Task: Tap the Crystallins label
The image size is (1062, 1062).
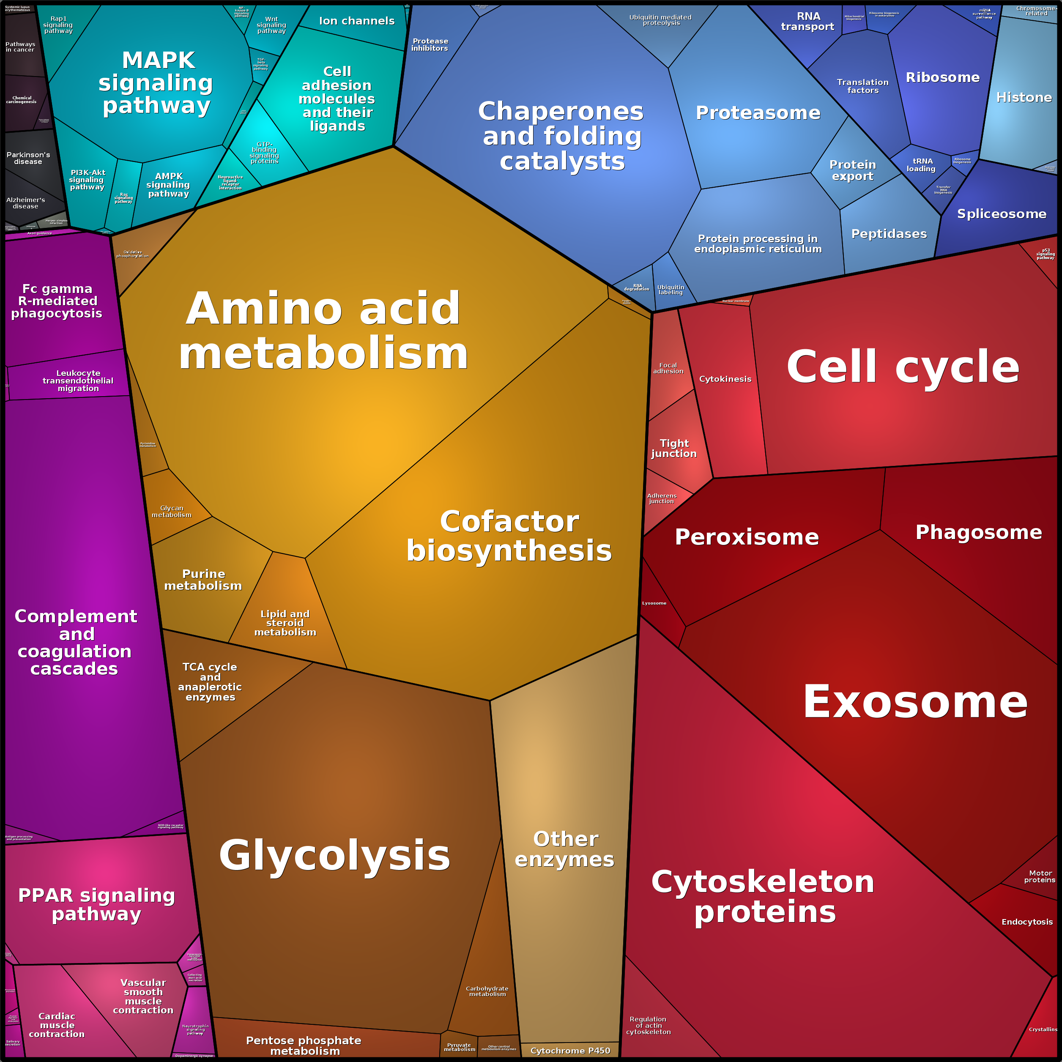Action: (x=1043, y=1029)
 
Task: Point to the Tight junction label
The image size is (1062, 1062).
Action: (x=674, y=448)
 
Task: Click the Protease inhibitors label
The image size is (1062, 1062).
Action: (x=430, y=44)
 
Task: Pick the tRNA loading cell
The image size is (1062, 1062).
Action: (x=921, y=165)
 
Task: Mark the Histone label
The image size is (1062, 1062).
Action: (x=1024, y=97)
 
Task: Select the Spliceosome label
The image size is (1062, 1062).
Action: (x=1002, y=214)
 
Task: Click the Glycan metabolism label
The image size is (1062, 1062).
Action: (x=172, y=511)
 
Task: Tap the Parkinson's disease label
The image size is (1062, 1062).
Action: (x=28, y=158)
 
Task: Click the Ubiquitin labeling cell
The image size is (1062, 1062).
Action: (x=671, y=290)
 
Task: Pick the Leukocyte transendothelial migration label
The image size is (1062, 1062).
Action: (x=78, y=380)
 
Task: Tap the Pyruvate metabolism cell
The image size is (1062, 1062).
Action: (x=460, y=1047)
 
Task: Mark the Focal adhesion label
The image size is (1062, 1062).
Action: (x=668, y=368)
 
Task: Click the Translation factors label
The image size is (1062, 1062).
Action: (x=862, y=86)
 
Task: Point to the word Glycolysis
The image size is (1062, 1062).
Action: (x=334, y=855)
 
